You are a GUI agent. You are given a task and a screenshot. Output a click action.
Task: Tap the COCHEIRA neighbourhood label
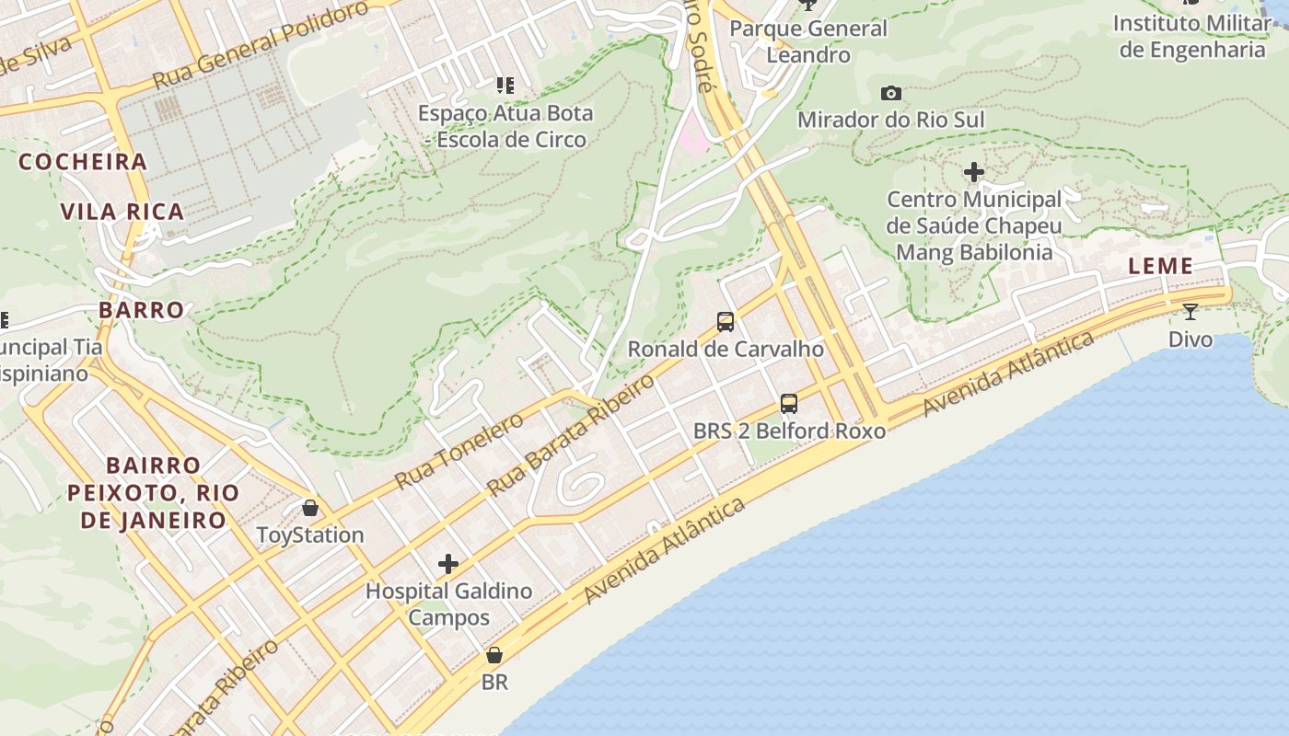coord(83,162)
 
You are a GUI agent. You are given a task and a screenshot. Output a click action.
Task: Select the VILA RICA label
coord(122,212)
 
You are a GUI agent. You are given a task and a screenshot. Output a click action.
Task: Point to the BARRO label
coord(142,309)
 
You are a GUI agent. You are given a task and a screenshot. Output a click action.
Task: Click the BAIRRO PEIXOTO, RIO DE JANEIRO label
coord(153,492)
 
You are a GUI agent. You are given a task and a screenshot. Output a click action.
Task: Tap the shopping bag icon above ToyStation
coord(310,508)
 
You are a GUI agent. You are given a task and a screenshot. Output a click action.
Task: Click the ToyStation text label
coord(310,535)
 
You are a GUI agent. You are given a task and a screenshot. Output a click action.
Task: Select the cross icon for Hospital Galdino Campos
coord(448,563)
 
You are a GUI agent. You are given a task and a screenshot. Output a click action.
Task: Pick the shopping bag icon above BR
coord(494,656)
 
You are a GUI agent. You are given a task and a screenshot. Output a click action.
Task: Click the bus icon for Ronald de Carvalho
coord(726,322)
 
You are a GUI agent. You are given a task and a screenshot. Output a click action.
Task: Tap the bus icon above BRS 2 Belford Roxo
coord(789,403)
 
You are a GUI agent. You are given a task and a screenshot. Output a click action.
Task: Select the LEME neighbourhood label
coord(1161,266)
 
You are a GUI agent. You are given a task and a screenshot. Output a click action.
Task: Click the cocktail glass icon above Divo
coord(1190,312)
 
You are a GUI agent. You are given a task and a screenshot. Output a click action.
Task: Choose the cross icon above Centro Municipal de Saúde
coord(973,172)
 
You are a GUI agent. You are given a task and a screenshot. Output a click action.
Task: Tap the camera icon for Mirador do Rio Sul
coord(890,93)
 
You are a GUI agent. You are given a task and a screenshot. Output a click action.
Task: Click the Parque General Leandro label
coord(808,41)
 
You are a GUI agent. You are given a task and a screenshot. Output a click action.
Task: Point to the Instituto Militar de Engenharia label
coord(1192,36)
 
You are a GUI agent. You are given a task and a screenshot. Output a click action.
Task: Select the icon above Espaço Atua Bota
coord(505,86)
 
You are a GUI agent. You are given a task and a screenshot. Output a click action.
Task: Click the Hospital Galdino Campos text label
coord(448,604)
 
